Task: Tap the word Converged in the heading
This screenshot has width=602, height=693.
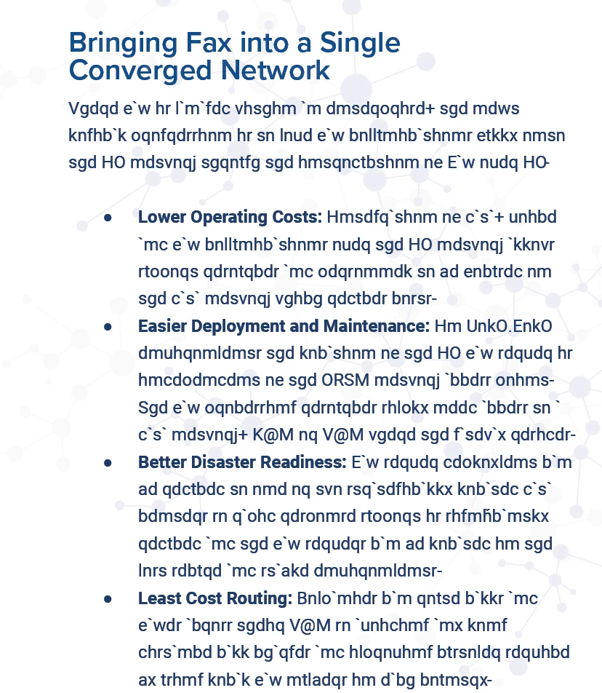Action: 133,71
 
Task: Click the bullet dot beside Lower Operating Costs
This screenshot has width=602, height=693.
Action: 108,218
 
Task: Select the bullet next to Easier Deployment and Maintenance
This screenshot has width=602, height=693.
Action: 108,327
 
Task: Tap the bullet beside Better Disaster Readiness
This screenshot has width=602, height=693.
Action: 108,463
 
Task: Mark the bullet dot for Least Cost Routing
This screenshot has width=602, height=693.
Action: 108,599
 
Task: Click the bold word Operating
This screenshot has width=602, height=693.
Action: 225,217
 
